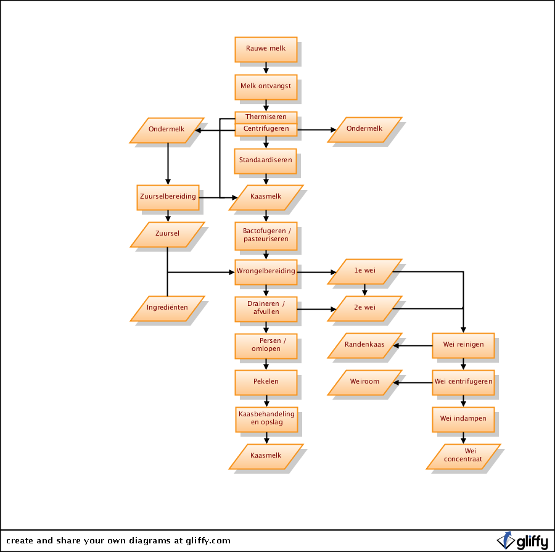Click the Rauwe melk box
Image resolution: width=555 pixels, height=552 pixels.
coord(266,49)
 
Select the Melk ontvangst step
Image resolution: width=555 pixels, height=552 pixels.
coord(266,86)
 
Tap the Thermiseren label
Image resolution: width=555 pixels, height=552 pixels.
coord(266,117)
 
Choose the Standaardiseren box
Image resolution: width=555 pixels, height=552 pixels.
coord(266,160)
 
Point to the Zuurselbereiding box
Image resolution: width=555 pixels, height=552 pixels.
coord(168,197)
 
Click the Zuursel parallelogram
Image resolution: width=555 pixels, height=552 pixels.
coord(167,234)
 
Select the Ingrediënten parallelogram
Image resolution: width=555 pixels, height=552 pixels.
coord(167,308)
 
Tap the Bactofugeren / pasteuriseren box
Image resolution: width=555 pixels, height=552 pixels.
coord(266,234)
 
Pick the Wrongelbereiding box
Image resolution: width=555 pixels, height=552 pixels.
coord(266,271)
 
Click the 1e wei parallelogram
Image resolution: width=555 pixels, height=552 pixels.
coord(364,271)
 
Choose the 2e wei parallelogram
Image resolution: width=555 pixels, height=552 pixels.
coord(364,308)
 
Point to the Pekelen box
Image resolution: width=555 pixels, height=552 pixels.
coord(266,382)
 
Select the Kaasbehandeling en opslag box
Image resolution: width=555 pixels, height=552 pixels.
coord(266,419)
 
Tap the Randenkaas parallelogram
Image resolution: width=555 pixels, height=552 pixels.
coord(364,345)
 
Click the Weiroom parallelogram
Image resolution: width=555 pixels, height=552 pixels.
coord(364,382)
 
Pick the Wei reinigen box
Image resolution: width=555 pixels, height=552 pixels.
coord(463,345)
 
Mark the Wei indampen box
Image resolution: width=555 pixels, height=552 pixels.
coord(463,419)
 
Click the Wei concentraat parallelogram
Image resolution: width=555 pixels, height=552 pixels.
coord(463,456)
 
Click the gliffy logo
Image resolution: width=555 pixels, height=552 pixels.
coord(523,540)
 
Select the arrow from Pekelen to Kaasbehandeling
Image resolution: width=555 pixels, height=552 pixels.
coord(266,401)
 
